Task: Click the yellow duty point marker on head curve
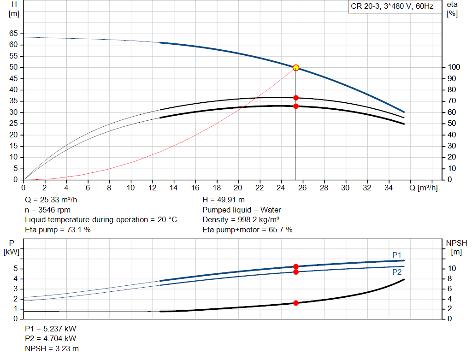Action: point(296,68)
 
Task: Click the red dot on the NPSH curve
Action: point(296,303)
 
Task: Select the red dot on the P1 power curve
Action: point(296,266)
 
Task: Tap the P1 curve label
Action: point(397,255)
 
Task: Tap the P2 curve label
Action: point(397,272)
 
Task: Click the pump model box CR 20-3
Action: point(392,7)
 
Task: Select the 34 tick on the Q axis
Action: point(389,188)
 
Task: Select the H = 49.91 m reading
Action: point(224,200)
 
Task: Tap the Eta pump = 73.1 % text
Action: point(58,229)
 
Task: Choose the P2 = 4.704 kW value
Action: point(51,339)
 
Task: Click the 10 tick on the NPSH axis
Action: point(452,268)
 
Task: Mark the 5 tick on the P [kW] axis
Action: point(16,268)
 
